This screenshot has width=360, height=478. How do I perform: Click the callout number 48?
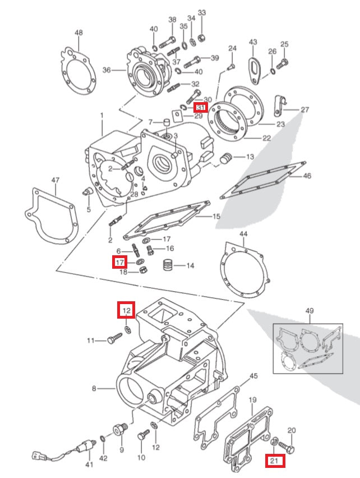(x=79, y=33)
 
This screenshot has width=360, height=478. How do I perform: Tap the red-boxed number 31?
(x=200, y=107)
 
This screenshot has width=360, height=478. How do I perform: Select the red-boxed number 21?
(x=274, y=461)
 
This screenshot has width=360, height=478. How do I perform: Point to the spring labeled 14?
(x=168, y=265)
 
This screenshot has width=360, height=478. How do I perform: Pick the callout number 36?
(x=107, y=71)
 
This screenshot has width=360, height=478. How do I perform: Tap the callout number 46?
(x=307, y=176)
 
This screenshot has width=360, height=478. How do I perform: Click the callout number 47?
(x=55, y=180)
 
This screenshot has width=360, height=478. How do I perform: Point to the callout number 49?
(x=310, y=311)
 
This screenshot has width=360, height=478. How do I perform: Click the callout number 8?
(x=95, y=388)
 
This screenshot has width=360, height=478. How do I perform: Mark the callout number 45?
(x=253, y=375)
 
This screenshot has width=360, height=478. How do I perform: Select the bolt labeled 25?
(x=284, y=62)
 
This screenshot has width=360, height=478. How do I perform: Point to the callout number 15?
(x=216, y=215)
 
